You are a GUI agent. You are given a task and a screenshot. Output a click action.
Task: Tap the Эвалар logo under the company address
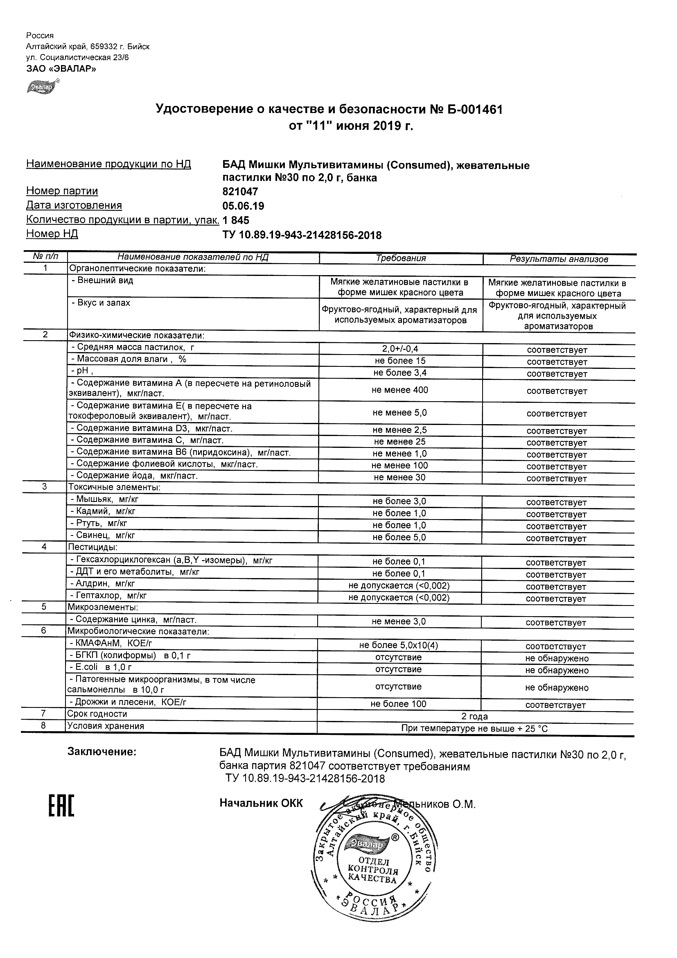click(41, 87)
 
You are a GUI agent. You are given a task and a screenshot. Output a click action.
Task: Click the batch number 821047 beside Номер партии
click(240, 192)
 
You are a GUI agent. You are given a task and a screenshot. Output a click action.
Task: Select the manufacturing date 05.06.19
click(243, 206)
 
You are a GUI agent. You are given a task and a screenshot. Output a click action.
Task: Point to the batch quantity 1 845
click(236, 220)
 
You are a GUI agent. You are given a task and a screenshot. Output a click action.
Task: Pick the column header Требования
click(400, 258)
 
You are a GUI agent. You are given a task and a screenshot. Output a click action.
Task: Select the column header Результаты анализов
click(559, 259)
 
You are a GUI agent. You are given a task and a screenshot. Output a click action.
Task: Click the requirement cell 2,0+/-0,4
click(400, 349)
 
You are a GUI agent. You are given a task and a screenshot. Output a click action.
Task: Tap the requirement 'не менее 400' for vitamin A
click(399, 390)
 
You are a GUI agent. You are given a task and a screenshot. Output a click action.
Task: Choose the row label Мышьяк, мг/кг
click(107, 499)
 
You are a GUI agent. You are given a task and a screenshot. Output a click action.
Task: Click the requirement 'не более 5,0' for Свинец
click(399, 538)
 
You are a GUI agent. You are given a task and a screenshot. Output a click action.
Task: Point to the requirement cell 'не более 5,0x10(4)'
click(398, 645)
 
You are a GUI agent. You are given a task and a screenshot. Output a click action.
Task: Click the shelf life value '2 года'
click(474, 716)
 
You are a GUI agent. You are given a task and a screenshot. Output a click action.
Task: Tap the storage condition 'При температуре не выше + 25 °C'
click(474, 728)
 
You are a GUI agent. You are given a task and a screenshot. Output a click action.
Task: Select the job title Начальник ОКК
click(261, 803)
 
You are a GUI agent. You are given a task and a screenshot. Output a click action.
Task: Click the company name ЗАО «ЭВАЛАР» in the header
click(61, 69)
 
